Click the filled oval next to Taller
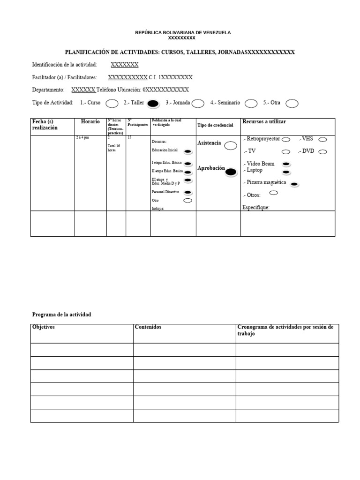pos(153,104)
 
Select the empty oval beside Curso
pos(112,104)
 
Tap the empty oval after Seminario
pos(251,104)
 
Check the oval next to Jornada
pos(198,104)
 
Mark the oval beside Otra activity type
pos(292,104)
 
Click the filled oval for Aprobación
pos(231,172)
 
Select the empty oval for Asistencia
pos(230,146)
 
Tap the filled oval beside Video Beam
pos(285,164)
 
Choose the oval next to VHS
pos(322,139)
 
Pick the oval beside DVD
pos(322,151)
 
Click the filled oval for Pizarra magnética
pos(294,184)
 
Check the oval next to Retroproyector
pos(286,139)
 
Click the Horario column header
pos(90,122)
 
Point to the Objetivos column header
pos(44,327)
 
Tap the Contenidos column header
pos(148,327)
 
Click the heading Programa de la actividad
pos(61,315)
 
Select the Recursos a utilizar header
pos(264,122)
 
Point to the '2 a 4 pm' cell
pos(82,138)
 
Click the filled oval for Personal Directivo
pos(187,192)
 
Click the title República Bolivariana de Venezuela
pos(183,32)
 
